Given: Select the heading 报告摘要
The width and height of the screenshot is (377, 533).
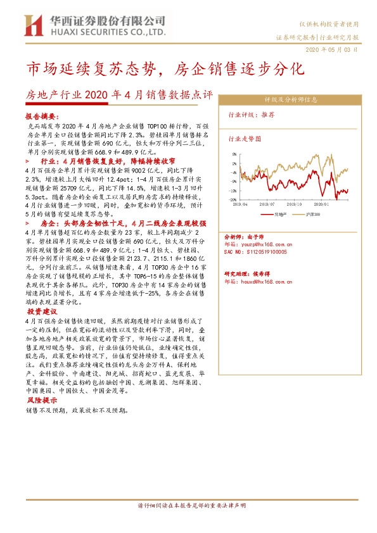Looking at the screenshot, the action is (x=41, y=117).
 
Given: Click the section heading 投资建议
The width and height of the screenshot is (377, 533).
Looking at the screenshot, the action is (x=42, y=312).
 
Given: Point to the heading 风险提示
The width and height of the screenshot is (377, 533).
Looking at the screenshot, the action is (x=42, y=401).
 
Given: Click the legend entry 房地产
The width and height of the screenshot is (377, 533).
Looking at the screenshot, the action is (x=281, y=215).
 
